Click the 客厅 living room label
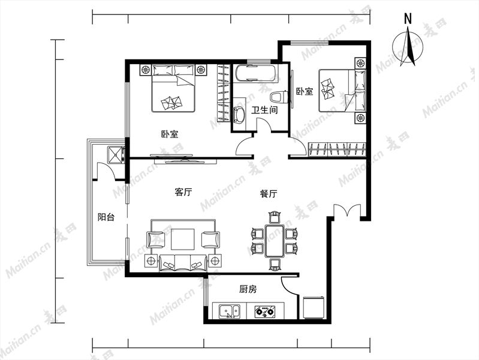point(183,192)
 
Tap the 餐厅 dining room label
point(269,194)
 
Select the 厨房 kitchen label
point(248,289)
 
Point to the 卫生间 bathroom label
point(264,110)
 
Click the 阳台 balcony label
point(106,217)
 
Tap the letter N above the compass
point(408,19)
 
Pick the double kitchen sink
point(230,311)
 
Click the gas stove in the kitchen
point(265,311)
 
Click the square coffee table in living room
point(183,239)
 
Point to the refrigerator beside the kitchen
point(313,307)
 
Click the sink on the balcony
point(116,155)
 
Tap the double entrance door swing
point(347,211)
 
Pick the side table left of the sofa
point(150,261)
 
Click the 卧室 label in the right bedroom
point(305,91)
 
